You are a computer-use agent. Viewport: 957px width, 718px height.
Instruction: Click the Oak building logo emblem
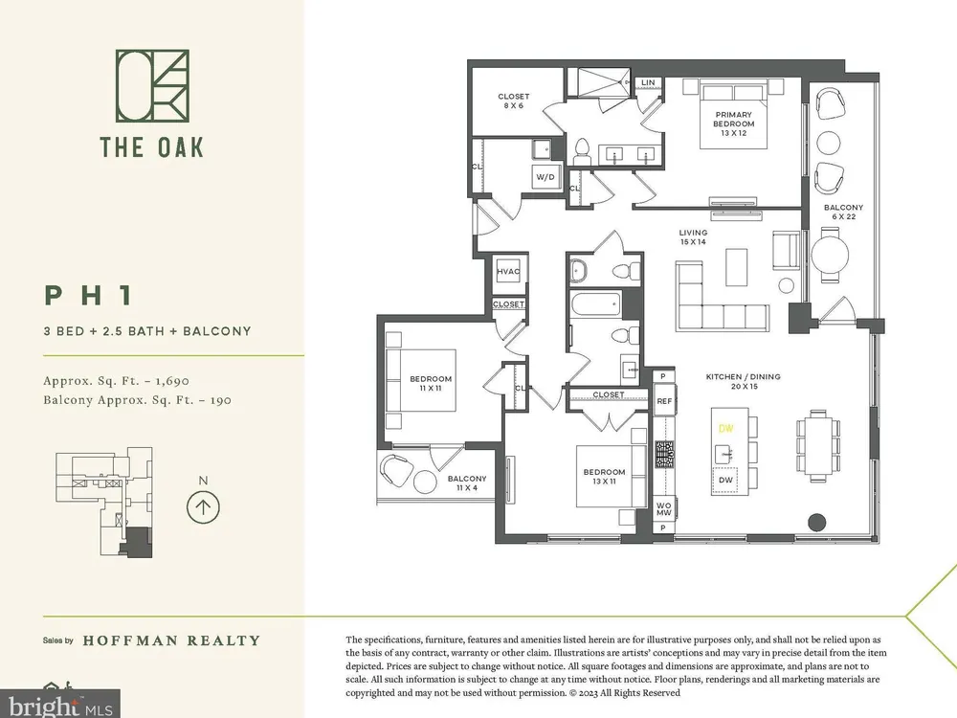(x=152, y=85)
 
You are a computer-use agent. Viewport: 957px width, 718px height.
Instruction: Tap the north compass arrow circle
(x=203, y=506)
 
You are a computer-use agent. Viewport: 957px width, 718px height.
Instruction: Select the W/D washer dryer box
(x=545, y=177)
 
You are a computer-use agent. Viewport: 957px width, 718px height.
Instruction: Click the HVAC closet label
(x=508, y=272)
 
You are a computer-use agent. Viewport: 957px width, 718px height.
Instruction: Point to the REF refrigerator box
(x=664, y=401)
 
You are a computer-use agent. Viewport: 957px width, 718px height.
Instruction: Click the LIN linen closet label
(x=648, y=82)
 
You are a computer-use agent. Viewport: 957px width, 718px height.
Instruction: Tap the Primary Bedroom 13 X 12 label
(x=734, y=123)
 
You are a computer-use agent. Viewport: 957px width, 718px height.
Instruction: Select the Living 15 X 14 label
(x=693, y=236)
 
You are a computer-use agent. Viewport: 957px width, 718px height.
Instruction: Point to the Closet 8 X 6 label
(x=513, y=101)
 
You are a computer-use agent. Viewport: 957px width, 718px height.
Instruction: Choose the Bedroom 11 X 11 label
(x=431, y=384)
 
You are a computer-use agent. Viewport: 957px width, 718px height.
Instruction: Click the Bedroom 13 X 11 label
(x=604, y=476)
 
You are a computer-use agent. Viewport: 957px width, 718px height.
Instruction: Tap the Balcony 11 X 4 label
(x=467, y=482)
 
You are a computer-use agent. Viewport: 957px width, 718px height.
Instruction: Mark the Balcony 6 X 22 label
(x=843, y=212)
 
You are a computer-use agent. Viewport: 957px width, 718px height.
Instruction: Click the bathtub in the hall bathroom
(x=595, y=304)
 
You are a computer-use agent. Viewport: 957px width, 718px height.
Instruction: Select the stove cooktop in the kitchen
(x=664, y=454)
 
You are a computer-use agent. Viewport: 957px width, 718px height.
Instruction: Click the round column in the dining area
(x=816, y=522)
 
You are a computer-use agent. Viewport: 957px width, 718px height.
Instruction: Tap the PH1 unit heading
(x=88, y=296)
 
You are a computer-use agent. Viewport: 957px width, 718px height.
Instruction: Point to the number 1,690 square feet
(x=172, y=381)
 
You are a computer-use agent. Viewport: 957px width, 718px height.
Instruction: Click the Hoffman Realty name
(x=171, y=640)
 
